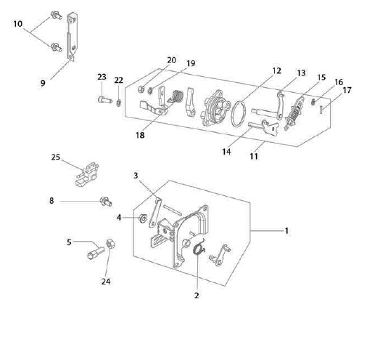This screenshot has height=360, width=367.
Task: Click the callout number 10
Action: pyautogui.click(x=18, y=24)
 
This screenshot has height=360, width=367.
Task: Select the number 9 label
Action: pyautogui.click(x=43, y=83)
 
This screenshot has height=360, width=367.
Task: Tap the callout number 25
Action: pyautogui.click(x=55, y=157)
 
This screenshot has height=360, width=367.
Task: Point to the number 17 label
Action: pyautogui.click(x=347, y=90)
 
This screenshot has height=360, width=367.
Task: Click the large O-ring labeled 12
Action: pyautogui.click(x=231, y=114)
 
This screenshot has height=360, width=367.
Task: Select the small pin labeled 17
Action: pyautogui.click(x=321, y=110)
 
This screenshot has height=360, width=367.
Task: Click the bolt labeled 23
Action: pyautogui.click(x=105, y=99)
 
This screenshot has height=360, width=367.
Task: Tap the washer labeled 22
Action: pyautogui.click(x=119, y=103)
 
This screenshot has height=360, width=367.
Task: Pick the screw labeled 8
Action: pyautogui.click(x=106, y=202)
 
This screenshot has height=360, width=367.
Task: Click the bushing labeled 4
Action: pyautogui.click(x=142, y=218)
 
